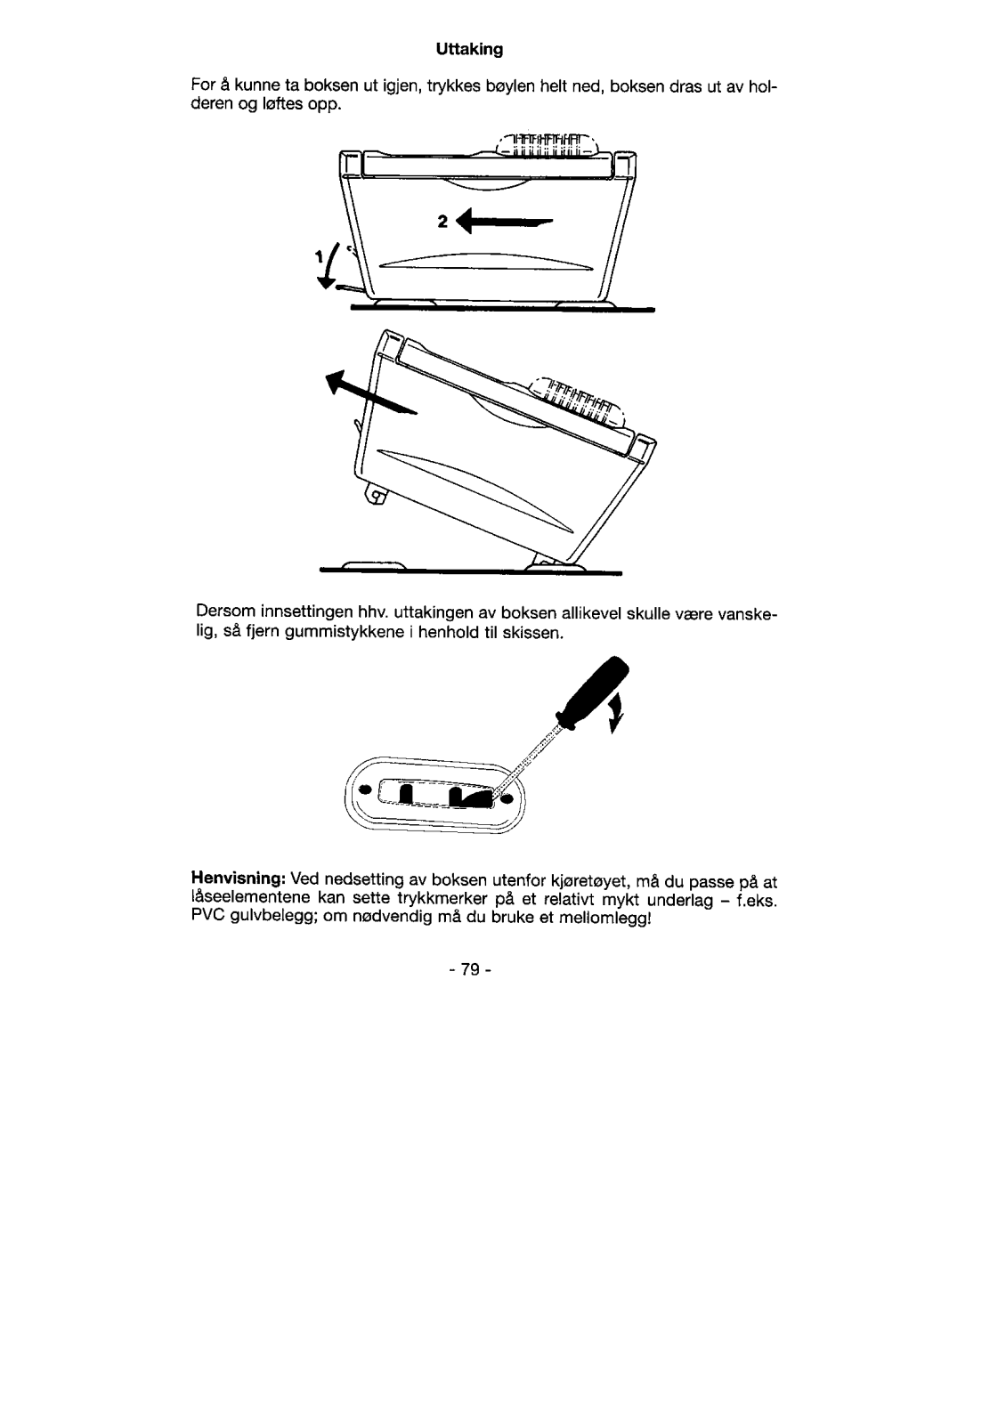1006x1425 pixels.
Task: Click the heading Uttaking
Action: [x=470, y=50]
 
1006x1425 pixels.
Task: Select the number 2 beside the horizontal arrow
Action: [x=442, y=223]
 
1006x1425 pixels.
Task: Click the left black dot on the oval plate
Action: [x=362, y=789]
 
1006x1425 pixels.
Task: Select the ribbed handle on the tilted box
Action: [x=580, y=402]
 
